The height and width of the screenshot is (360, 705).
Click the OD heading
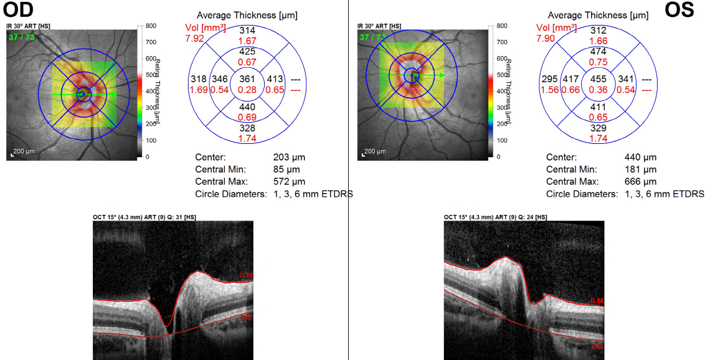18,10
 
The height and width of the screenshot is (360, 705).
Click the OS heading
679,10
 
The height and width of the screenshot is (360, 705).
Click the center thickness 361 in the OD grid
247,79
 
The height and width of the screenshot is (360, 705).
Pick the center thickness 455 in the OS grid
599,79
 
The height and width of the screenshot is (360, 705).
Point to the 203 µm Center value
289,158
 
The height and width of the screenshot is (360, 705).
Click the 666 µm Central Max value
640,182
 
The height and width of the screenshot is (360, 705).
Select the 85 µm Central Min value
286,169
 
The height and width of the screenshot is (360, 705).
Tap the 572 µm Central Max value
289,182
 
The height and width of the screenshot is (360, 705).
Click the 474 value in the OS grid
599,51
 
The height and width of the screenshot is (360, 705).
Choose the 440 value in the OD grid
247,107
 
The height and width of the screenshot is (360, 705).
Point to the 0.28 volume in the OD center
247,90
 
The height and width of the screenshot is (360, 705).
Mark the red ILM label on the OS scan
597,301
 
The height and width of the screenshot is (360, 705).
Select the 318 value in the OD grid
199,79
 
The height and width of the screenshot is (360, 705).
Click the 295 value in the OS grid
550,79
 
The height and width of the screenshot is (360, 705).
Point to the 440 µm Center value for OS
640,158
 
